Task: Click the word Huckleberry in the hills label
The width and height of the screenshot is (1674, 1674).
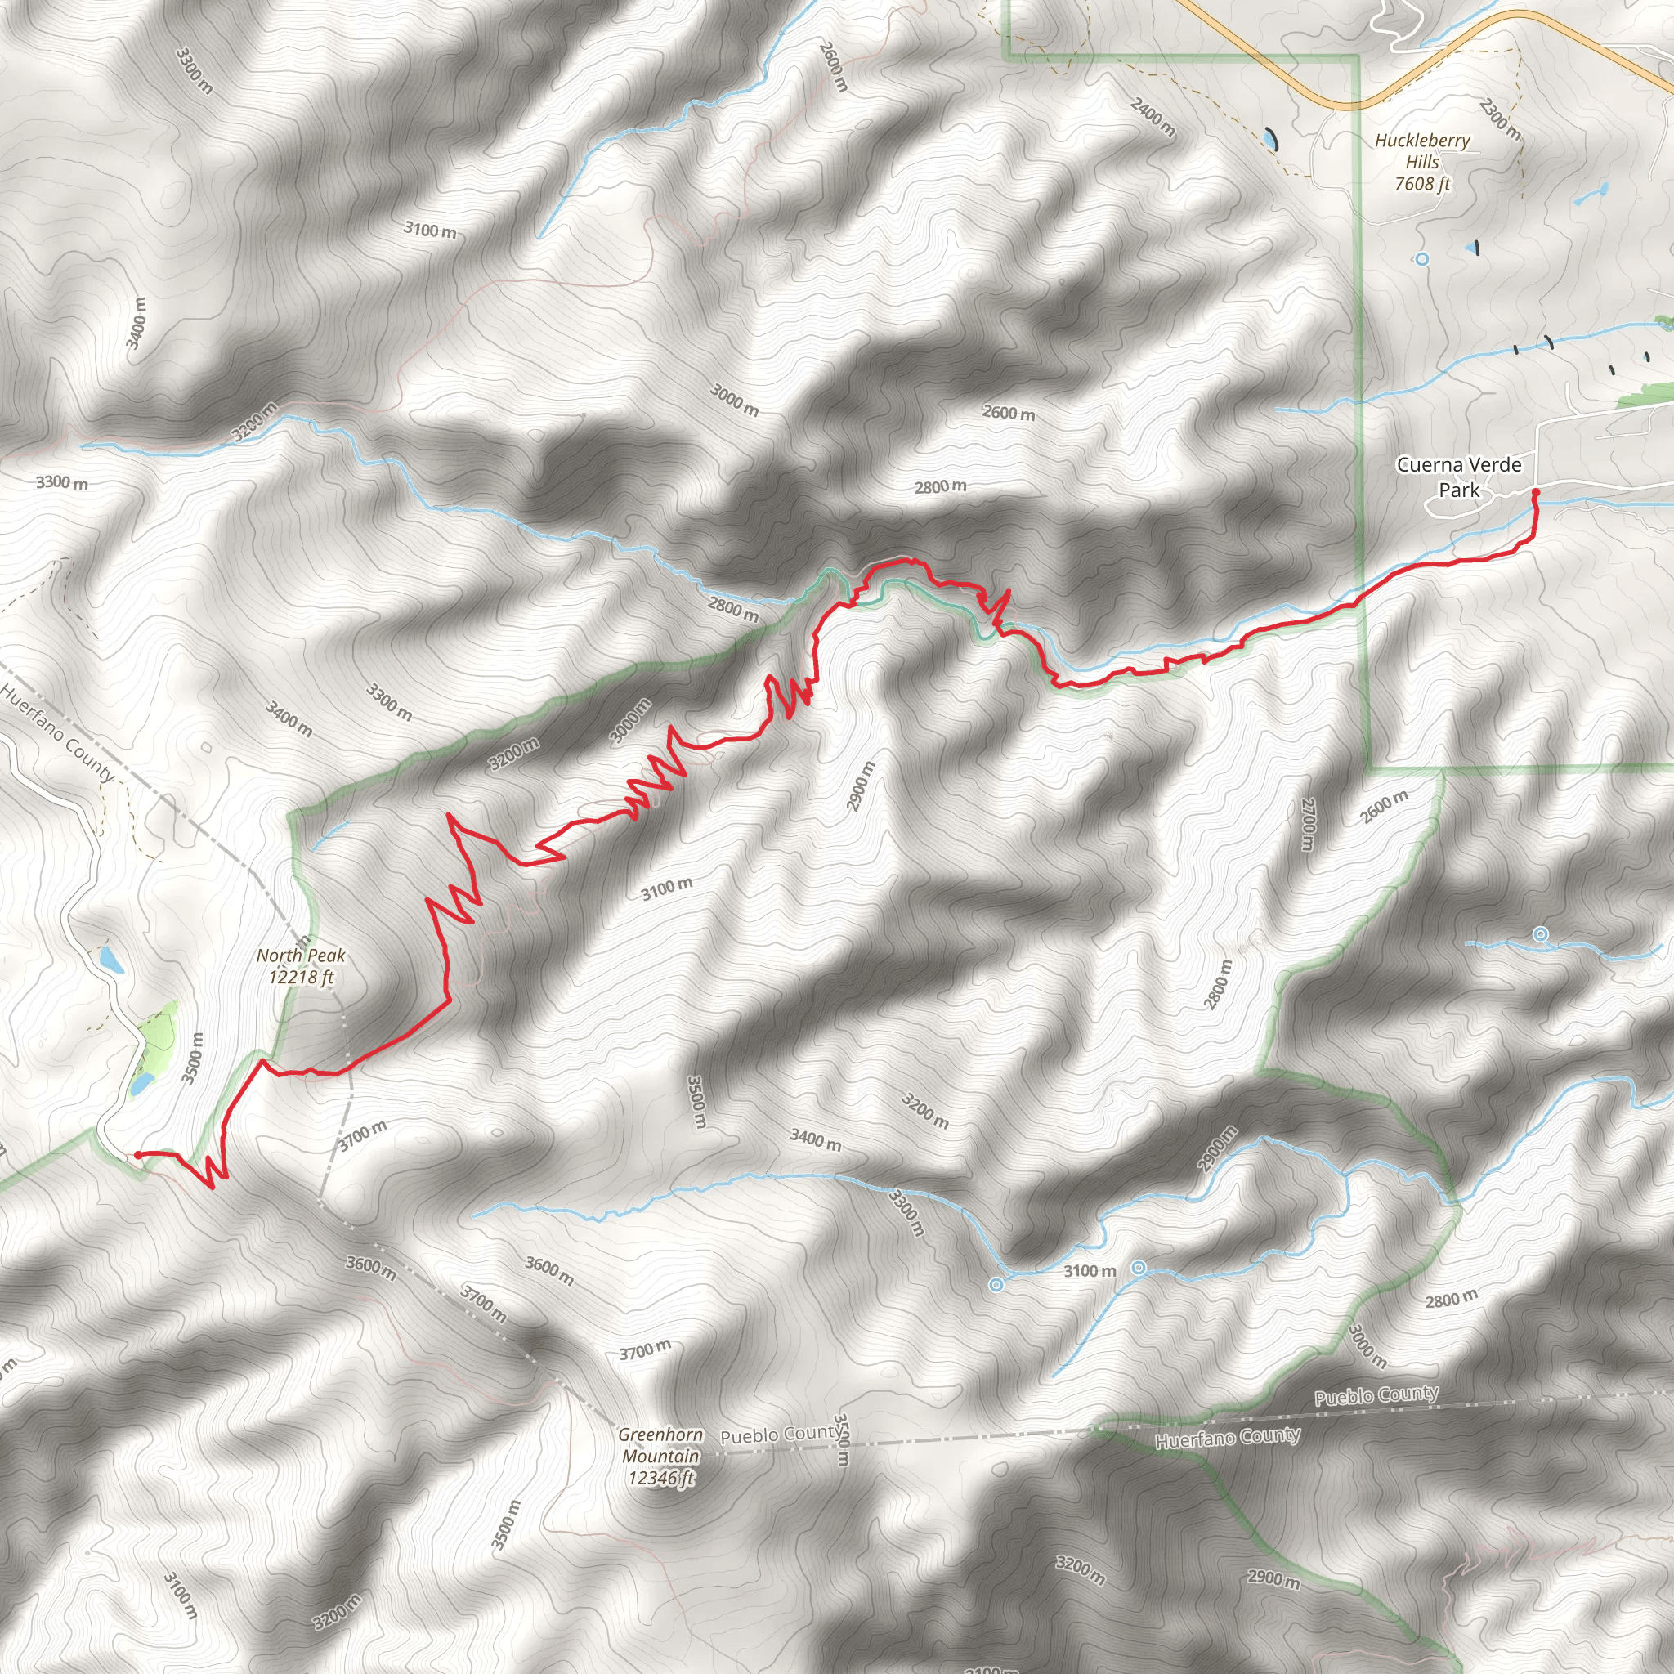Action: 1422,141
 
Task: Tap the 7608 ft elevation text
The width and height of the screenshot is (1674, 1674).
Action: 1422,184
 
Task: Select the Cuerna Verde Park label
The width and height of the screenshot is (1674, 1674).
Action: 1458,477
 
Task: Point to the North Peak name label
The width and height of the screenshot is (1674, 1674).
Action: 301,956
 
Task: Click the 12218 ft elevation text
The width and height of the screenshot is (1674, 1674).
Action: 301,978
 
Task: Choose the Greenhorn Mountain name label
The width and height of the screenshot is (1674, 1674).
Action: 660,1445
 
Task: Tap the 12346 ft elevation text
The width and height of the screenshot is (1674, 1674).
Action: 661,1478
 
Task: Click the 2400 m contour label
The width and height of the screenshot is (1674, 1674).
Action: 1153,117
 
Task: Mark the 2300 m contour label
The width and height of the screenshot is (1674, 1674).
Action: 1500,119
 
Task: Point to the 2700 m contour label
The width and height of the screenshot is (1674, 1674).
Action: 1309,824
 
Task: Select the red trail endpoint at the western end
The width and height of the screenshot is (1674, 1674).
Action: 138,1155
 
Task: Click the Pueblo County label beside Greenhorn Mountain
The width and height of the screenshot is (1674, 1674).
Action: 780,1435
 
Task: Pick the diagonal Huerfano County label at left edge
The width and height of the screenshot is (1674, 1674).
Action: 58,732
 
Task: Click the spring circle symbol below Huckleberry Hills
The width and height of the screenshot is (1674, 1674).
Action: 1422,258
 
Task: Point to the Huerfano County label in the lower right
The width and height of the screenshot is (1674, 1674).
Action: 1227,1439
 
